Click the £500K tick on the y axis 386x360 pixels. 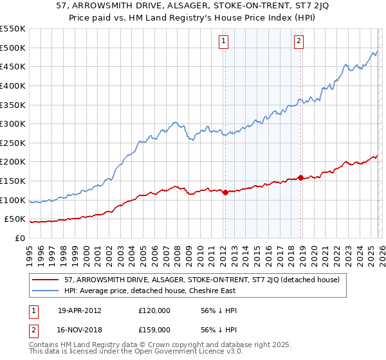tap(13, 48)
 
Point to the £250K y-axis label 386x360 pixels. tap(13, 143)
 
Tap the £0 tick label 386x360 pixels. tap(19, 238)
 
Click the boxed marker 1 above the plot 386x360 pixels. tap(224, 41)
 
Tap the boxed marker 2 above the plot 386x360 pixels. tap(300, 41)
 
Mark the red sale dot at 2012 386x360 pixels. tap(225, 192)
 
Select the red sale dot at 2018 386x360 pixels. tap(300, 177)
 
